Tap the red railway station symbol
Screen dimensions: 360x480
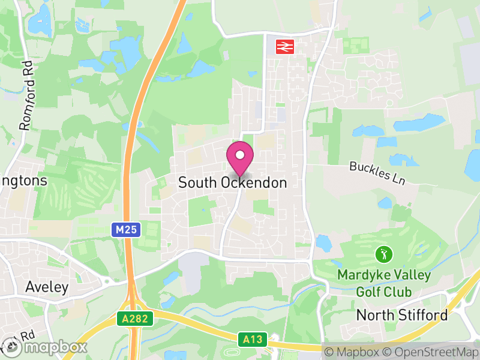pyautogui.click(x=284, y=47)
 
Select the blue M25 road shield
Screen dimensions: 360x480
pyautogui.click(x=126, y=229)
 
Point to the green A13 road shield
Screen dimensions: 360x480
pyautogui.click(x=253, y=340)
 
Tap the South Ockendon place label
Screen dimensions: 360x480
pyautogui.click(x=233, y=183)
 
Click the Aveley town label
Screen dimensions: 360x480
pyautogui.click(x=47, y=287)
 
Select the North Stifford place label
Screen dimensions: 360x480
pyautogui.click(x=402, y=315)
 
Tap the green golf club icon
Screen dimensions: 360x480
pyautogui.click(x=382, y=254)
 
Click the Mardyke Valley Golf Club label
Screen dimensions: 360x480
pyautogui.click(x=383, y=283)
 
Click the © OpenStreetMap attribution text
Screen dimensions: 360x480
pyautogui.click(x=432, y=351)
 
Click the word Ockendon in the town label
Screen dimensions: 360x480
pyautogui.click(x=254, y=183)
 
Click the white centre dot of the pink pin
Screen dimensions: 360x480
pyautogui.click(x=240, y=155)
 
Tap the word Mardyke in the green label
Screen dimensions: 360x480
pyautogui.click(x=359, y=275)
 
